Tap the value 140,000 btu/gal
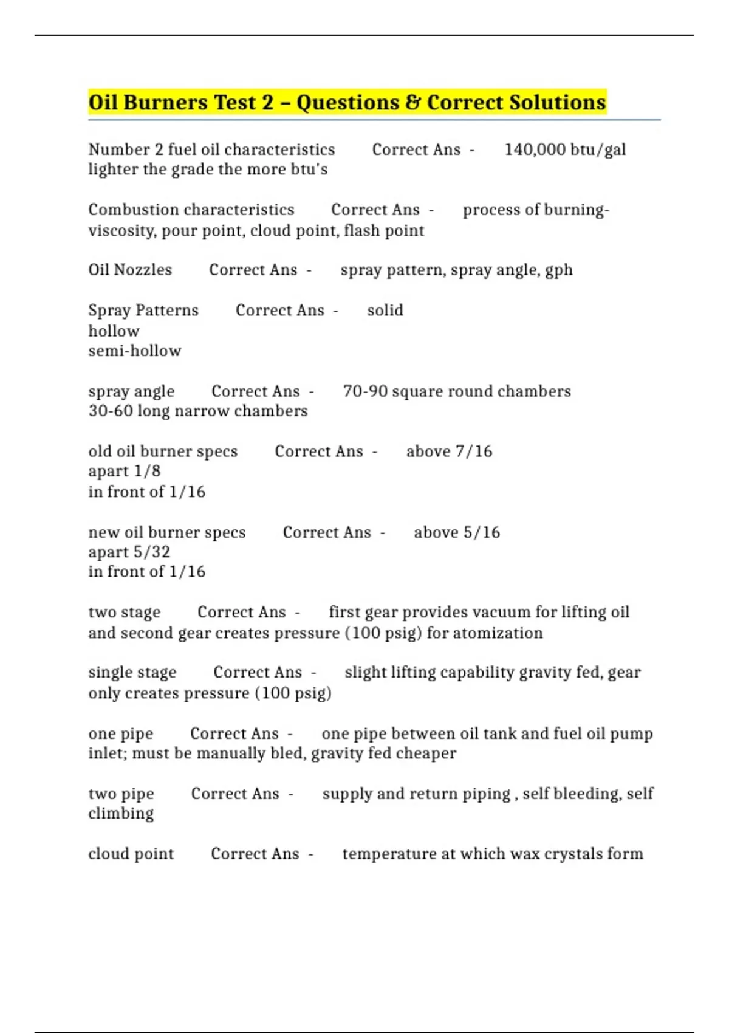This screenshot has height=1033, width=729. (x=565, y=149)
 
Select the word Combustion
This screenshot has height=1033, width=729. (x=131, y=210)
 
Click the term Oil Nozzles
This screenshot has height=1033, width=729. (x=130, y=270)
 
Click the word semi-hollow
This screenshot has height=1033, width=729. (x=135, y=351)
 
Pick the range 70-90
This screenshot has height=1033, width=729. (x=365, y=391)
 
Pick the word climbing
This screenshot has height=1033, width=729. (x=121, y=814)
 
